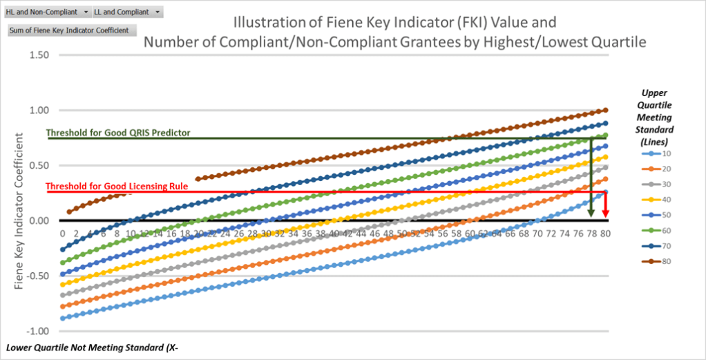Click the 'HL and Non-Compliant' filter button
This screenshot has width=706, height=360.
pyautogui.click(x=46, y=12)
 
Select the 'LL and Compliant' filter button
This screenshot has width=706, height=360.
pyautogui.click(x=127, y=12)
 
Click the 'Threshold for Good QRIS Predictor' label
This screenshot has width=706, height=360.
pyautogui.click(x=118, y=133)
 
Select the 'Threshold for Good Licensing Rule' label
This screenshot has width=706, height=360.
pyautogui.click(x=117, y=187)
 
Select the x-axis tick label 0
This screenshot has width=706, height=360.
pyautogui.click(x=62, y=234)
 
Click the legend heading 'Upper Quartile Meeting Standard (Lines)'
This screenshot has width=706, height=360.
pyautogui.click(x=658, y=114)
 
